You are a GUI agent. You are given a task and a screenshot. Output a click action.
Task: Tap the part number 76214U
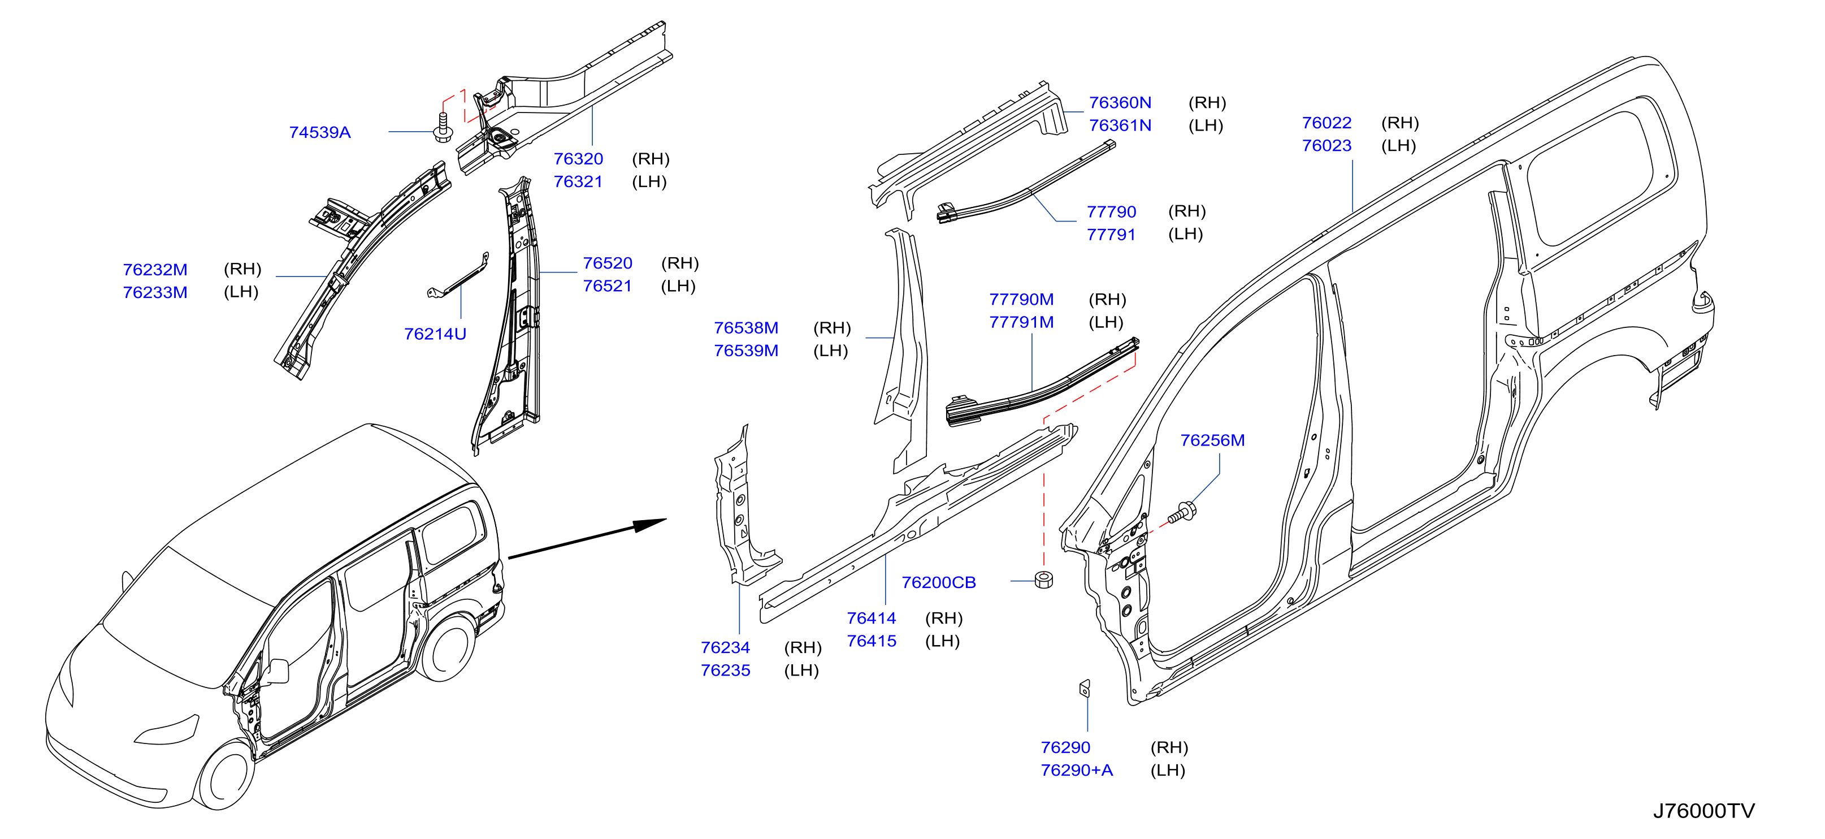coord(435,334)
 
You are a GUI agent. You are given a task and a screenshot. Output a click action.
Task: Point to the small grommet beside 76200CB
coord(1043,579)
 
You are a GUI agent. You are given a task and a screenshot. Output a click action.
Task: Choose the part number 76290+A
coord(1076,770)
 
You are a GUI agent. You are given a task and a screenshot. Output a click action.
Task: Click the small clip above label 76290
coord(1084,687)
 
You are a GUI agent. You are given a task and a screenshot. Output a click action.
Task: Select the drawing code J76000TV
coord(1704,811)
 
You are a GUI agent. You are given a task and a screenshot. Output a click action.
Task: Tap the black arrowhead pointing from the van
coord(649,525)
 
